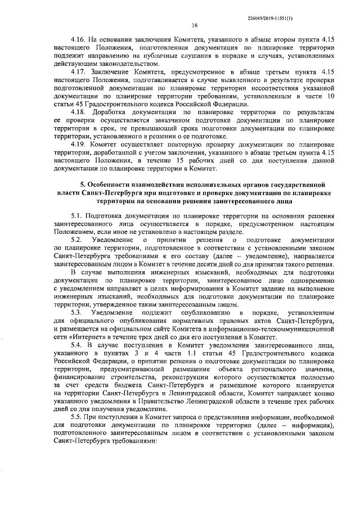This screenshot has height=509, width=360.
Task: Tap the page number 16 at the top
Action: pyautogui.click(x=195, y=25)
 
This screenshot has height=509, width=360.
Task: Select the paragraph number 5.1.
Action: pyautogui.click(x=76, y=215)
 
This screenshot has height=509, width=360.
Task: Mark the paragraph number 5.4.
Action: pyautogui.click(x=76, y=343)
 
